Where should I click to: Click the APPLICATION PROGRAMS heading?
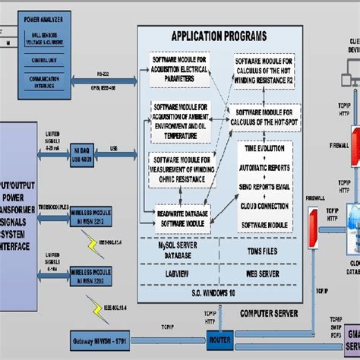[219, 36]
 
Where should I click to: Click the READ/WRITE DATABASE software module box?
[182, 216]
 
